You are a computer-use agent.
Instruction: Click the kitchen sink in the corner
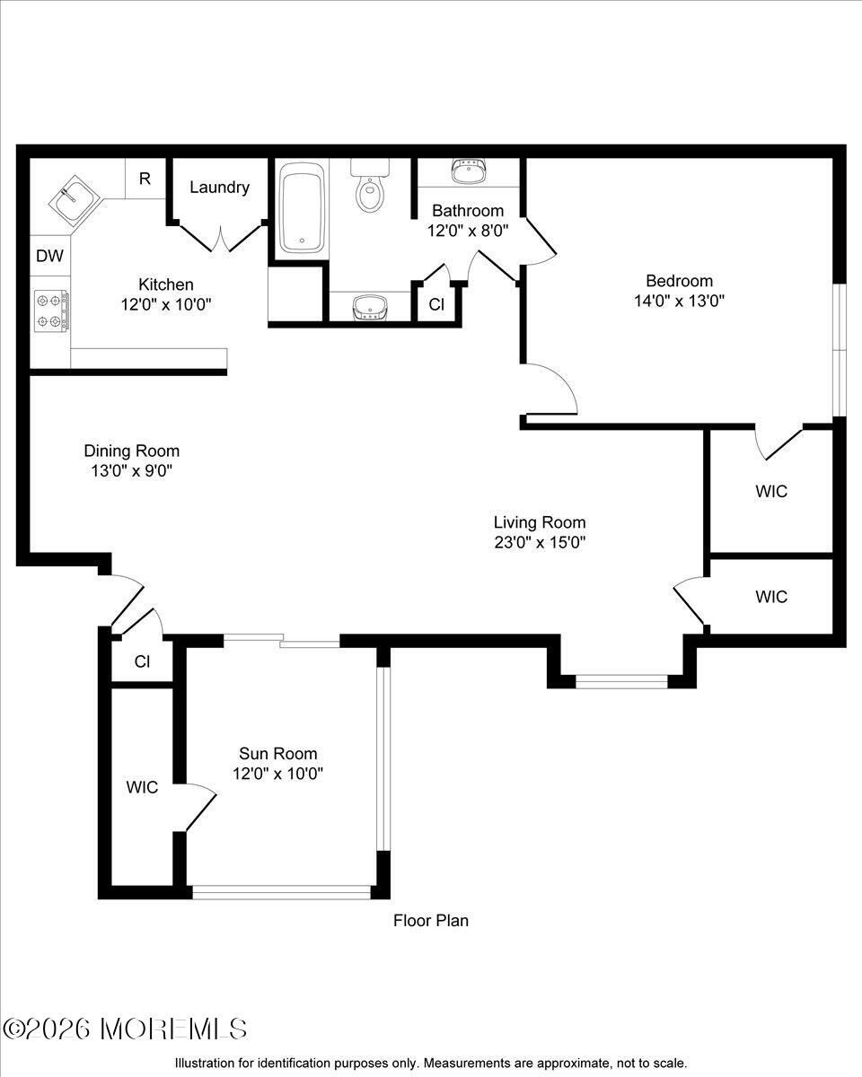(75, 199)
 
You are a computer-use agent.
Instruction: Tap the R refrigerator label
(145, 179)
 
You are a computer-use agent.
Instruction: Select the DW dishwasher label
(49, 256)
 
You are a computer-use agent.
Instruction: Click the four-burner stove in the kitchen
(51, 311)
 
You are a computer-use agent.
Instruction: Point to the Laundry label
(219, 188)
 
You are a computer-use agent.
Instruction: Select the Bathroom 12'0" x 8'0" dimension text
(468, 231)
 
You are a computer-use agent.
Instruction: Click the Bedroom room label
(679, 280)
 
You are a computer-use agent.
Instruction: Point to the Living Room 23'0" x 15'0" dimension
(540, 542)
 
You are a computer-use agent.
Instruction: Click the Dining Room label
(132, 451)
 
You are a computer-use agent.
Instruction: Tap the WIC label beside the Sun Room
(142, 787)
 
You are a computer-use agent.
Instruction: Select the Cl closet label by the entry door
(142, 661)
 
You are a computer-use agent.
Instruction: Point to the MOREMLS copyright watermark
(124, 1029)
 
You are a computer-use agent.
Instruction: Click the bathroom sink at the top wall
(469, 171)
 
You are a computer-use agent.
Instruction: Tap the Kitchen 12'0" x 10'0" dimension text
(166, 303)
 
